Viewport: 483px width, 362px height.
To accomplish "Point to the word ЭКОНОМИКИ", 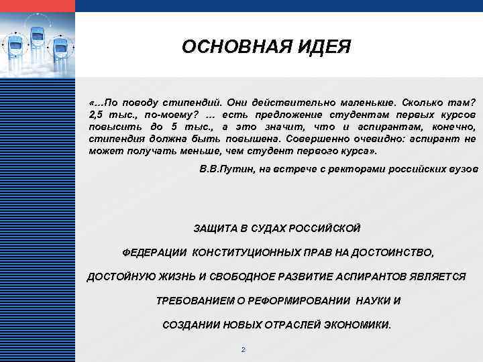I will coord(357,325).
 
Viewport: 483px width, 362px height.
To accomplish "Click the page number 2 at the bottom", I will coord(243,350).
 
